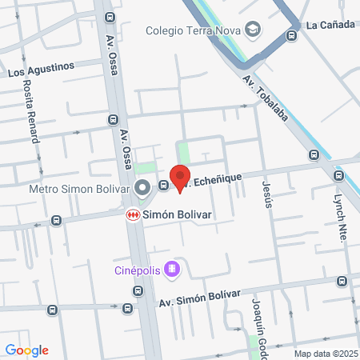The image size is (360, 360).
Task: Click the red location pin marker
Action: (180, 177)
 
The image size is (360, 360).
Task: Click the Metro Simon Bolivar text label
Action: (78, 190)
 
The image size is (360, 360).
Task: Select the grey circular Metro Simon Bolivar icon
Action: (143, 189)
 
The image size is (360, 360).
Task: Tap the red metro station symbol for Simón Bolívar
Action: (132, 215)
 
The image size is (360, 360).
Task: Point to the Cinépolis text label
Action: (135, 270)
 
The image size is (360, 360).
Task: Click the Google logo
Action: (27, 350)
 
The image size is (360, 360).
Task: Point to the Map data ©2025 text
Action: (326, 353)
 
